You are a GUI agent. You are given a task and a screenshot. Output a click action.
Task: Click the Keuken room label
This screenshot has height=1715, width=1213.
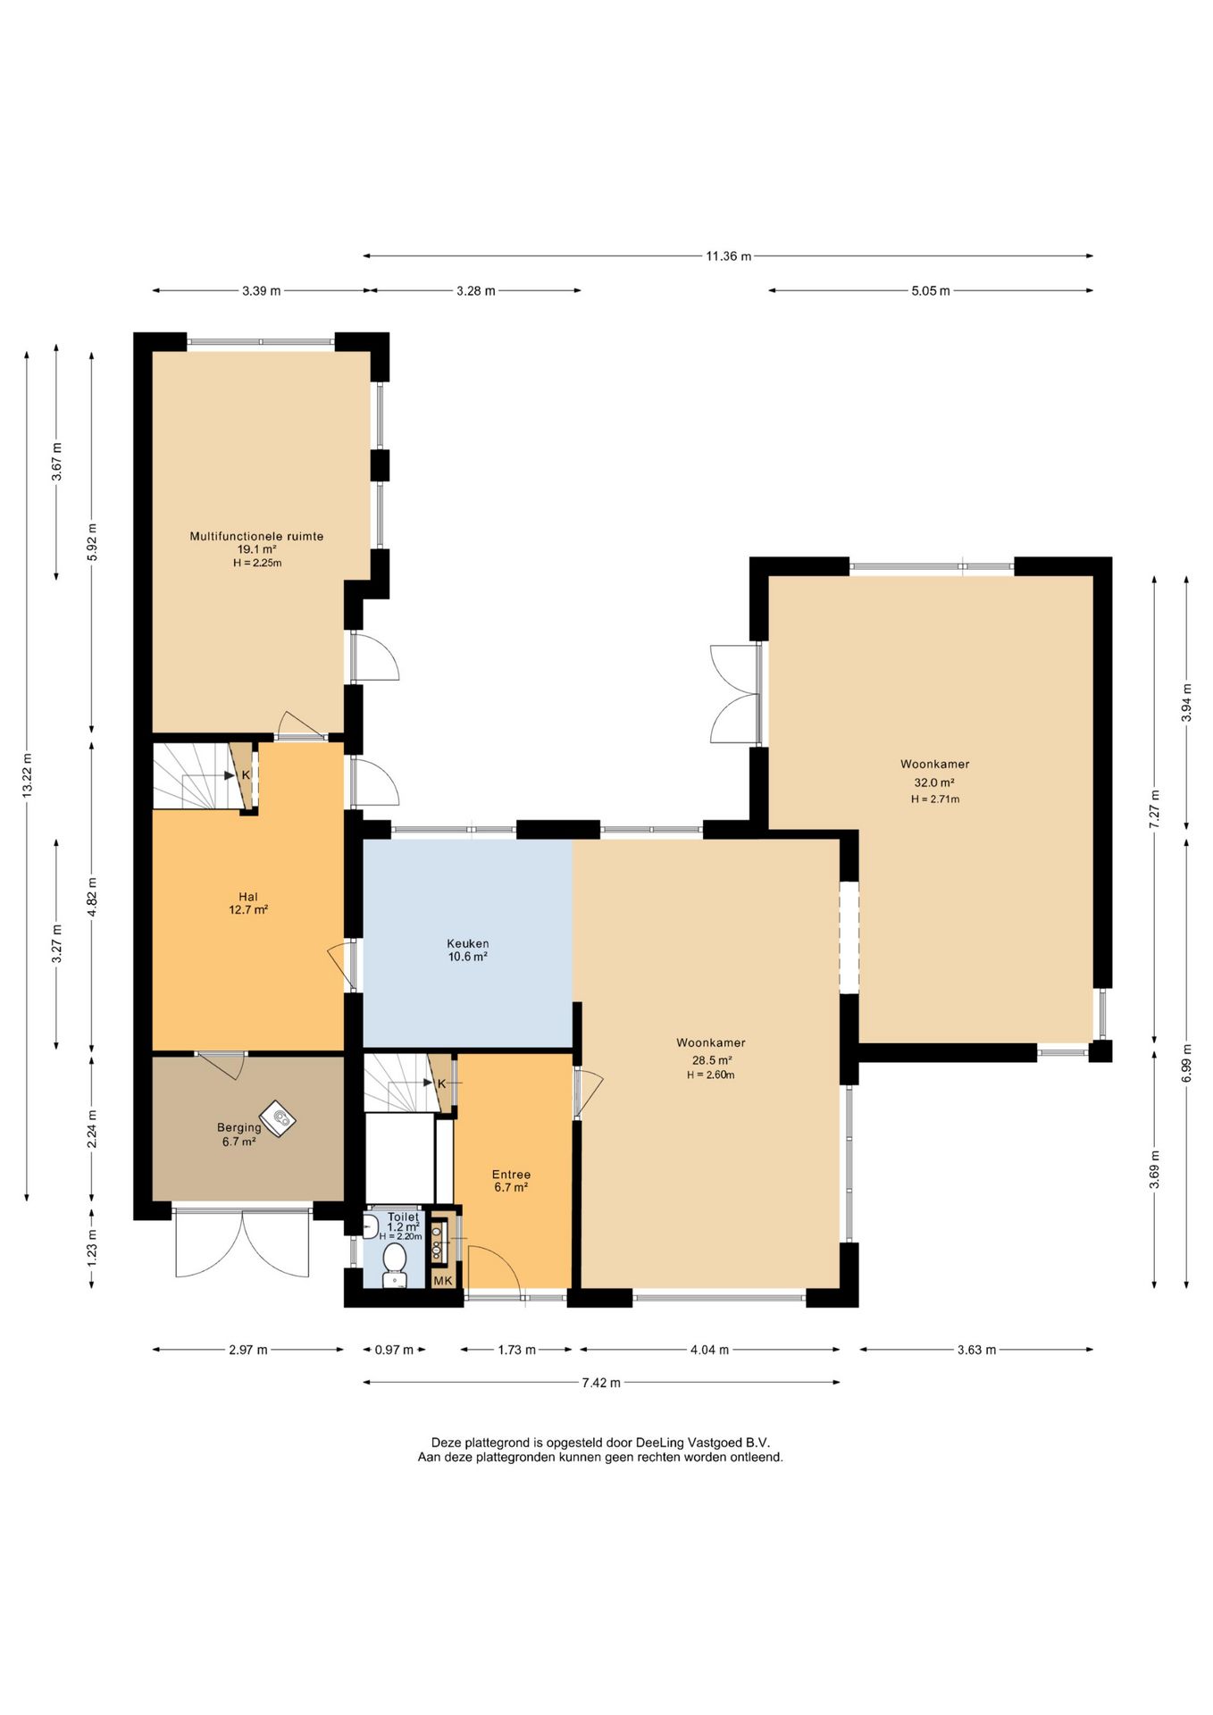pyautogui.click(x=467, y=943)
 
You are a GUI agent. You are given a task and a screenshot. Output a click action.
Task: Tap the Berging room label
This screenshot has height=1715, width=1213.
pyautogui.click(x=238, y=1127)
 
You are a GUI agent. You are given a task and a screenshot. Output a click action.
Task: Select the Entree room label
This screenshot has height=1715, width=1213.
pyautogui.click(x=511, y=1175)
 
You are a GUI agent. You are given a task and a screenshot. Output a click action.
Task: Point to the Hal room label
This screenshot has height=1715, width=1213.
pyautogui.click(x=248, y=897)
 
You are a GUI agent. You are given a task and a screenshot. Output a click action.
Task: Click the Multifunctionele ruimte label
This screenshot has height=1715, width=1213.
pyautogui.click(x=256, y=536)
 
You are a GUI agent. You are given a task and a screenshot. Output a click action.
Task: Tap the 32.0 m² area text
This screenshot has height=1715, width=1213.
pyautogui.click(x=934, y=782)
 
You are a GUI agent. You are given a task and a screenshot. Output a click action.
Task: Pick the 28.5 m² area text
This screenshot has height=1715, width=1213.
pyautogui.click(x=712, y=1060)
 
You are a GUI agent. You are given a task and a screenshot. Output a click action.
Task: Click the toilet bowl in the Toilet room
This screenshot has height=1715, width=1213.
pyautogui.click(x=395, y=1265)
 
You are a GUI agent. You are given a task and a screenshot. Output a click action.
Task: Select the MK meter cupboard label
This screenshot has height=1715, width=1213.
pyautogui.click(x=443, y=1281)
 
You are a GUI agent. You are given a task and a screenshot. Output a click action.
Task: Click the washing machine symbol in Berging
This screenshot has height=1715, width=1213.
pyautogui.click(x=278, y=1117)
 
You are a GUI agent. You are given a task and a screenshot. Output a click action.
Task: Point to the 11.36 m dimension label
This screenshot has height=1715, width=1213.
pyautogui.click(x=728, y=256)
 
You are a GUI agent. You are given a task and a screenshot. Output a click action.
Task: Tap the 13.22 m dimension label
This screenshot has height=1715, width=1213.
pyautogui.click(x=27, y=776)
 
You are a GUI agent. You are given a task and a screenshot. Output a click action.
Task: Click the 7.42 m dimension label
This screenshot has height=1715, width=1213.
pyautogui.click(x=601, y=1383)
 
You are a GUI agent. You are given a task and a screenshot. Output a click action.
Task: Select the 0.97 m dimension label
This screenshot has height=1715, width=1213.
pyautogui.click(x=394, y=1350)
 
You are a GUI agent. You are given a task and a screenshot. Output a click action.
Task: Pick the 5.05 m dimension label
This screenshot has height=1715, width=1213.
pyautogui.click(x=931, y=290)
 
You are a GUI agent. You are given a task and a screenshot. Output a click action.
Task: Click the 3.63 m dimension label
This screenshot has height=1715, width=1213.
pyautogui.click(x=976, y=1350)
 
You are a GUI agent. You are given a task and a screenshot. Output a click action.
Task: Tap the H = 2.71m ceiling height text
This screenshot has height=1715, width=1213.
pyautogui.click(x=935, y=799)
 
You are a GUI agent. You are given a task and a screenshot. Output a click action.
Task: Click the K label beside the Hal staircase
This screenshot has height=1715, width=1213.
pyautogui.click(x=246, y=775)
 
